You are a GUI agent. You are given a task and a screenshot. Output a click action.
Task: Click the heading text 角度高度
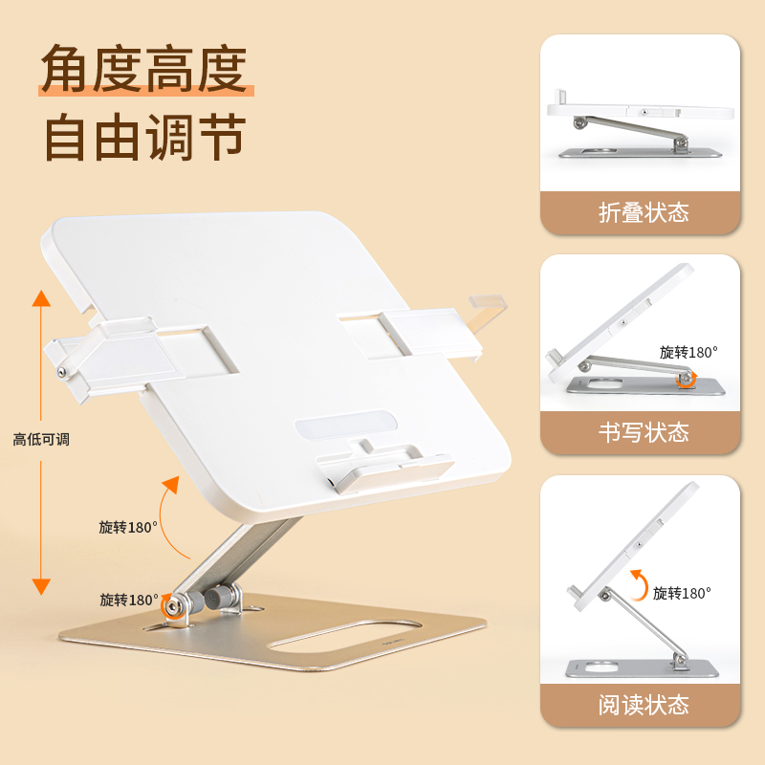pos(144,69)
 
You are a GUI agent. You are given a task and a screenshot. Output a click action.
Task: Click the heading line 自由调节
pos(145,137)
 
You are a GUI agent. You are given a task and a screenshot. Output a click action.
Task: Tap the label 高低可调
pos(41,440)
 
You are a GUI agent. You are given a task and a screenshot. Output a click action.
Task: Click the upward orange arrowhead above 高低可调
pos(41,298)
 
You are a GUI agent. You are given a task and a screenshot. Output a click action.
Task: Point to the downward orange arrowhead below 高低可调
pos(41,586)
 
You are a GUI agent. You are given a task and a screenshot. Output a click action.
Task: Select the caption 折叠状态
pos(644,212)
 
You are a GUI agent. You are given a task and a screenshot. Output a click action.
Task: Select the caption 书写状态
pos(644,433)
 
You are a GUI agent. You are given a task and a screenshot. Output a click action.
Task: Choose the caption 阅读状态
pos(644,705)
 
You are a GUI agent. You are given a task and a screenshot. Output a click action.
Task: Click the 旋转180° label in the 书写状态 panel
pos(688,352)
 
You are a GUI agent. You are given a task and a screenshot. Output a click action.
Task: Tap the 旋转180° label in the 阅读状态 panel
pos(682,593)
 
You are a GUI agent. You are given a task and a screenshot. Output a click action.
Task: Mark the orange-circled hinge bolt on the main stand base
pos(172,607)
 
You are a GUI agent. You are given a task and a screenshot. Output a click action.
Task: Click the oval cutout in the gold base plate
pos(345,636)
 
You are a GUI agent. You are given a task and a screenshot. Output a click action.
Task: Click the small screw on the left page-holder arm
pos(62,373)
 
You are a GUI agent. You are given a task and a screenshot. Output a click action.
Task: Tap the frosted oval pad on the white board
pos(346,425)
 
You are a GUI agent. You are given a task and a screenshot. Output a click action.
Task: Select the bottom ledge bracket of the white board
pos(384,468)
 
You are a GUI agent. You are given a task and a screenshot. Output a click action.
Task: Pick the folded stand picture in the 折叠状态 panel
pos(641,123)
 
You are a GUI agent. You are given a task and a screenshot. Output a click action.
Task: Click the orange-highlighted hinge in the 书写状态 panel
pos(687,378)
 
